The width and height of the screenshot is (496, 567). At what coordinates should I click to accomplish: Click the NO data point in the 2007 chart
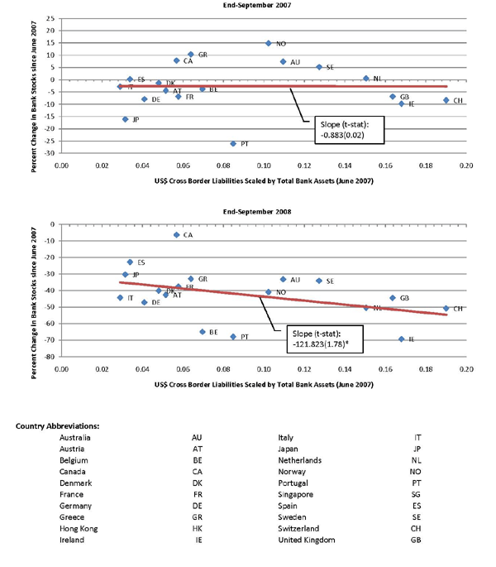tap(269, 43)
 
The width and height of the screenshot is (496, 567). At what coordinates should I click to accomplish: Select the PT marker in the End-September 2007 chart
tap(233, 143)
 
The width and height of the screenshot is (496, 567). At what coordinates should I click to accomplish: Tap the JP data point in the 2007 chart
tap(125, 119)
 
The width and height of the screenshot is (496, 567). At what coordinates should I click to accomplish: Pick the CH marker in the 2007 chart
tap(446, 100)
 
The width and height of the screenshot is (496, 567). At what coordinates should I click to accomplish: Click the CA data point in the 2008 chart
tap(176, 235)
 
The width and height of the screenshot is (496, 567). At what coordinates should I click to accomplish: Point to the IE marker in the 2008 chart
tap(401, 339)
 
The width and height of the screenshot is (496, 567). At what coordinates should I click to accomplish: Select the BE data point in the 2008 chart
tap(202, 332)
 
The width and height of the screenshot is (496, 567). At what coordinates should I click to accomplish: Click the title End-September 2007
tap(262, 5)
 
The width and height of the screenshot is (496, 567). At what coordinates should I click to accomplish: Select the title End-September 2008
tap(262, 211)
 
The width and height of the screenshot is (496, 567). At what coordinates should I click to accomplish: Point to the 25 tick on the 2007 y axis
tap(51, 18)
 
